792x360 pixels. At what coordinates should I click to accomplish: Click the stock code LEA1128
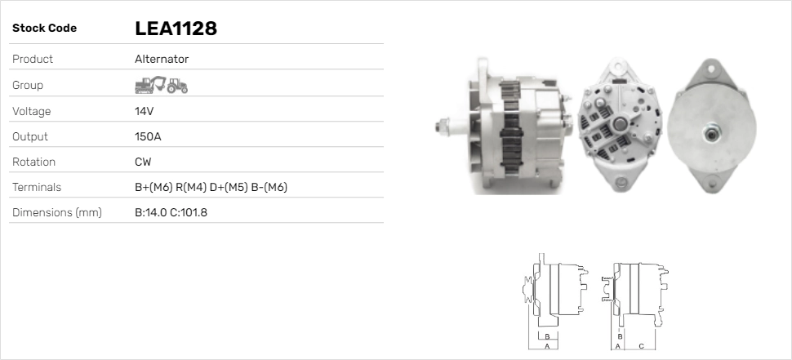(176, 29)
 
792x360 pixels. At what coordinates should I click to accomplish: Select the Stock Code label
(44, 29)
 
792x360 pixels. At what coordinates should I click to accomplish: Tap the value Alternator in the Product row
(162, 59)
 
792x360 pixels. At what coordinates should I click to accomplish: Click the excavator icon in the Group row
(150, 85)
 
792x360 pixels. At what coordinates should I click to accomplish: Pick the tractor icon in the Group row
(177, 86)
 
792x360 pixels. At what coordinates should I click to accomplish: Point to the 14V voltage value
(144, 111)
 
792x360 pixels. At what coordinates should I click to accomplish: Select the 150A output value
(148, 136)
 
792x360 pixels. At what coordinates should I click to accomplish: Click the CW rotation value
(143, 162)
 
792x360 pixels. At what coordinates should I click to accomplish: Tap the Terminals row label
(37, 187)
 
